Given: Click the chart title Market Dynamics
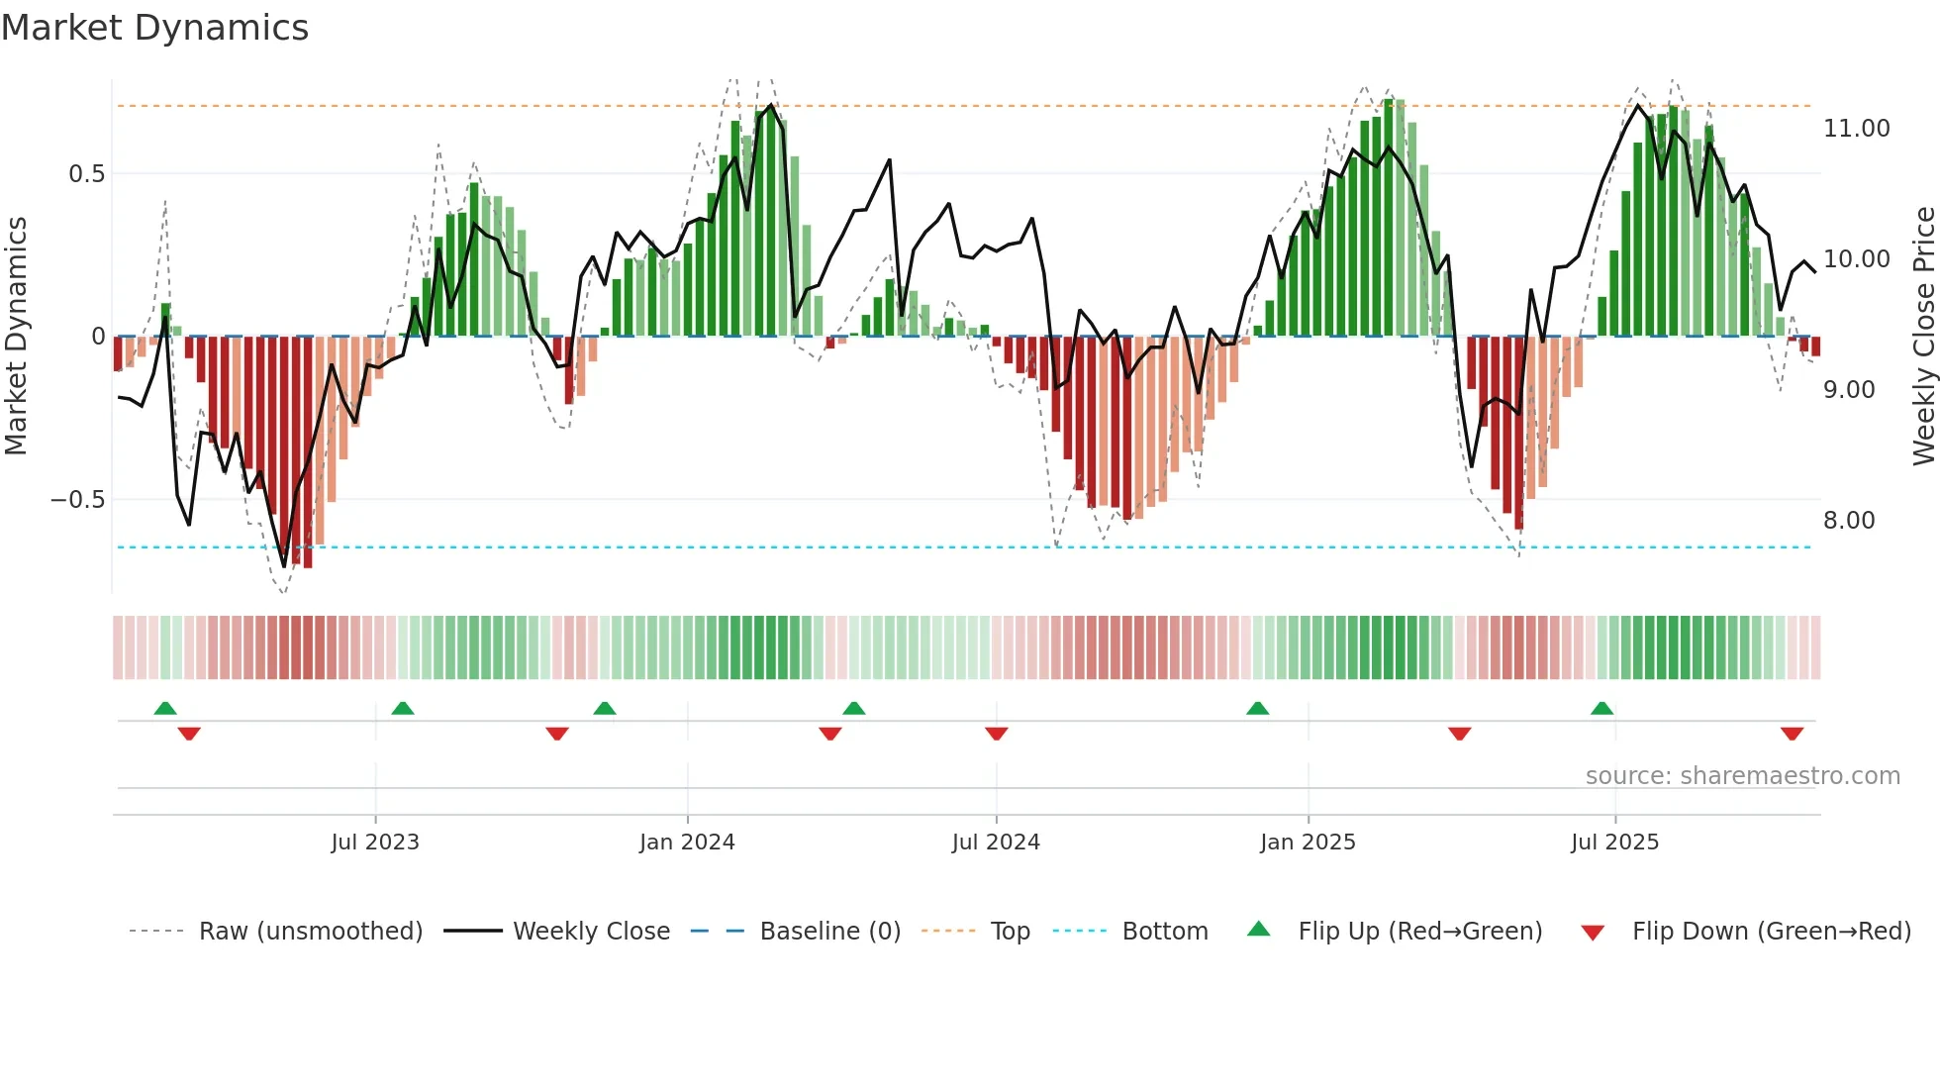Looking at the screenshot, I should (154, 28).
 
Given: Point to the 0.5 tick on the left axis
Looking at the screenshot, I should (86, 174).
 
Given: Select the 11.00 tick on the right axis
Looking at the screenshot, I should (1856, 129).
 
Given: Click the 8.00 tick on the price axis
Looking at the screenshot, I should (1849, 521).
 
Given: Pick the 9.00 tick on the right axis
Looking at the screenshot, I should (1849, 390).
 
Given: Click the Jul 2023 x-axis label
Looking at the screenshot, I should (375, 843).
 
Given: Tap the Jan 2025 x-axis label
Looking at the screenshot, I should (1308, 843).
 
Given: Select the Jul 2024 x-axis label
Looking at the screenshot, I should (996, 843).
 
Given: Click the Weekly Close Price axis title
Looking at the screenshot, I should (1923, 337).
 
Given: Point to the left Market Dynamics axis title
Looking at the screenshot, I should (16, 337).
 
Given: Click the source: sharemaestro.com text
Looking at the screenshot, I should (1742, 776).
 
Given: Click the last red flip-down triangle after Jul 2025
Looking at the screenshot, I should (1792, 734).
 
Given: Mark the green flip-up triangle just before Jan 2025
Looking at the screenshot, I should (1257, 708).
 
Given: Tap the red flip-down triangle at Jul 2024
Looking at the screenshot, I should (997, 734).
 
